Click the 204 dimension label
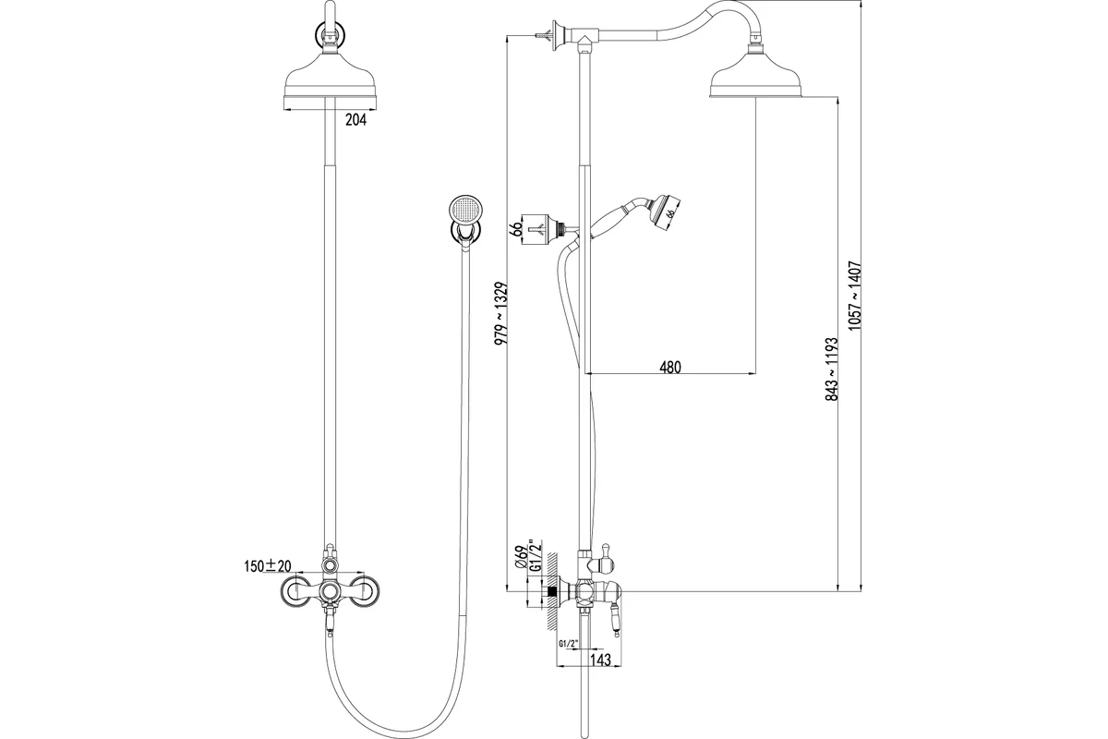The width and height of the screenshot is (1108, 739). pos(355,120)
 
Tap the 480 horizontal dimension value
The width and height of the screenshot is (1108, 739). pos(670,368)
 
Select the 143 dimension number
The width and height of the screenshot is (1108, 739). pos(600,660)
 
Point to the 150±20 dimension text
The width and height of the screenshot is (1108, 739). pos(268,566)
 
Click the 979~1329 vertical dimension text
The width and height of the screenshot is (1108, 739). pos(501,313)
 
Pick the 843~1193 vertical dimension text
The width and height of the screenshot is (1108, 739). pos(832,369)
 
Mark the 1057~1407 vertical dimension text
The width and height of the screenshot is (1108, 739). pos(854,296)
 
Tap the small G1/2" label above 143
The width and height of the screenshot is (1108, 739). pos(569,644)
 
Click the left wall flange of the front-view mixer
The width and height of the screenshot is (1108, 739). pos(295,591)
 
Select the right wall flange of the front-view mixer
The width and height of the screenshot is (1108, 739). pos(364,591)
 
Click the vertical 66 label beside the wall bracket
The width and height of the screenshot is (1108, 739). pos(516,230)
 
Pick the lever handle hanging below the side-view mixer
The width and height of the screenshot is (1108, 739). pos(617,621)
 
